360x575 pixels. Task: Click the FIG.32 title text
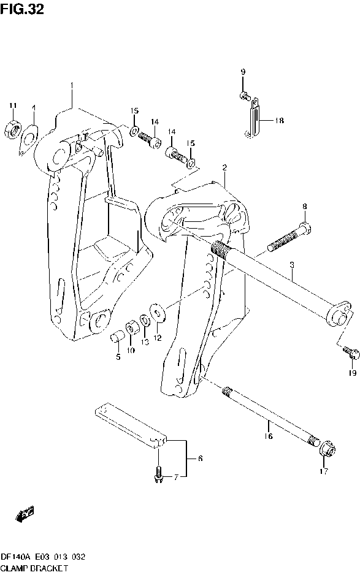22,10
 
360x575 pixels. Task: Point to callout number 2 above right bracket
224,167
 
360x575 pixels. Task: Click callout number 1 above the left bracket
72,85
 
